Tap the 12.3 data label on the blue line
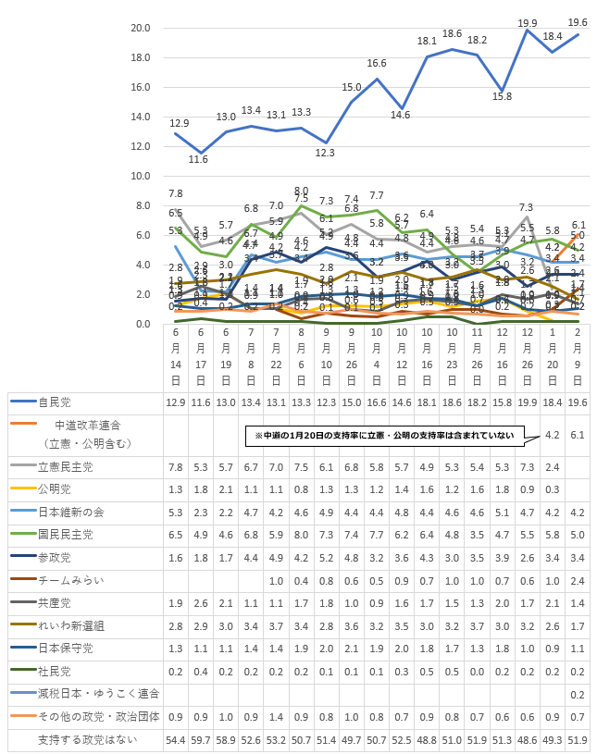pyautogui.click(x=326, y=152)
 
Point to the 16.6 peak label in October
pyautogui.click(x=377, y=64)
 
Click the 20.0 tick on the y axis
pyautogui.click(x=142, y=28)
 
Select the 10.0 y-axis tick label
pyautogui.click(x=142, y=176)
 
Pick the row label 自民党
pyautogui.click(x=55, y=402)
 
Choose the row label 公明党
pyautogui.click(x=55, y=488)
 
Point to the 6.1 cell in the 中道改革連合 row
pyautogui.click(x=578, y=434)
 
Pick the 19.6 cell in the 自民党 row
pyautogui.click(x=578, y=402)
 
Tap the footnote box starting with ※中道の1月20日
pyautogui.click(x=384, y=434)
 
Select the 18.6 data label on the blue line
pyautogui.click(x=453, y=34)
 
